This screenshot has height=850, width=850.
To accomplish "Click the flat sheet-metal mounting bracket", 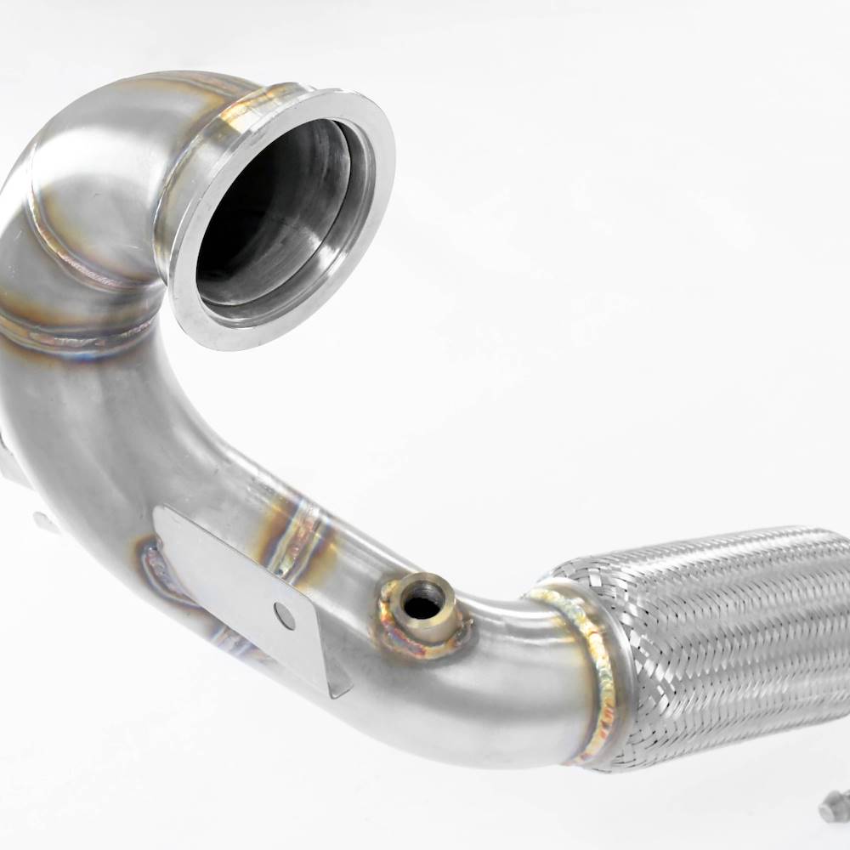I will coord(229,578).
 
